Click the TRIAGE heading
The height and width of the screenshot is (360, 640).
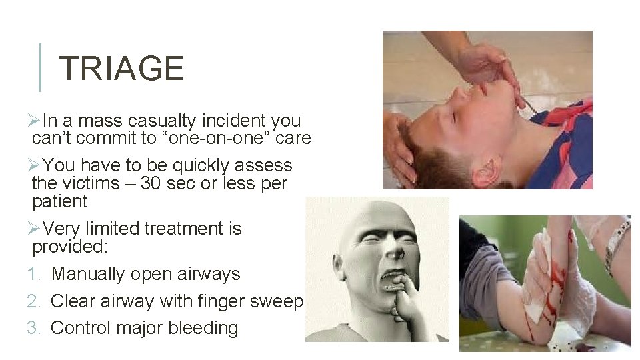point(121,69)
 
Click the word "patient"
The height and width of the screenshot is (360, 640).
point(60,201)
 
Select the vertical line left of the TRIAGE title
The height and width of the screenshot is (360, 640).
point(41,67)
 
